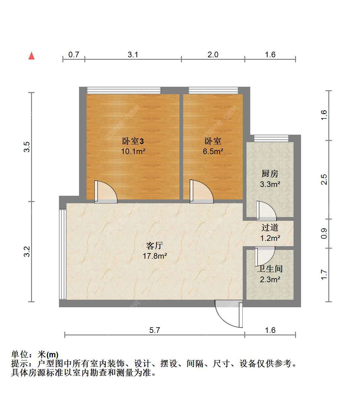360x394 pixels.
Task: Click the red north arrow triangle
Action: point(31,55)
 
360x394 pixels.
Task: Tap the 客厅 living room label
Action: point(155,246)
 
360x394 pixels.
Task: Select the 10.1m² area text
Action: point(133,152)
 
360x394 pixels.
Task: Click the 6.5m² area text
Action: point(213,152)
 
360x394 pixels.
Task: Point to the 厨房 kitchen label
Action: point(270,174)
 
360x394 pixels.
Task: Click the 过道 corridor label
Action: point(270,228)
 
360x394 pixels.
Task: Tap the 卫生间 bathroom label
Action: point(270,269)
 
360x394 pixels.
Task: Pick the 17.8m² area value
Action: point(155,256)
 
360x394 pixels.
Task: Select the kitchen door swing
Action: point(267,211)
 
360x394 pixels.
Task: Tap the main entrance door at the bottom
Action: point(229,314)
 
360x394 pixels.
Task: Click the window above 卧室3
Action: point(124,91)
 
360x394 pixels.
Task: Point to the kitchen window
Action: point(271,138)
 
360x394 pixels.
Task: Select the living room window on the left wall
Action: point(63,255)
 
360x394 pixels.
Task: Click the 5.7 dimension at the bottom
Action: point(155,330)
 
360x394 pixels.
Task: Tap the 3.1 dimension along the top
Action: point(133,54)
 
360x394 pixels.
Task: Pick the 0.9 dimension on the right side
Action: point(324,234)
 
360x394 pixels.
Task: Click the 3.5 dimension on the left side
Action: point(27,147)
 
